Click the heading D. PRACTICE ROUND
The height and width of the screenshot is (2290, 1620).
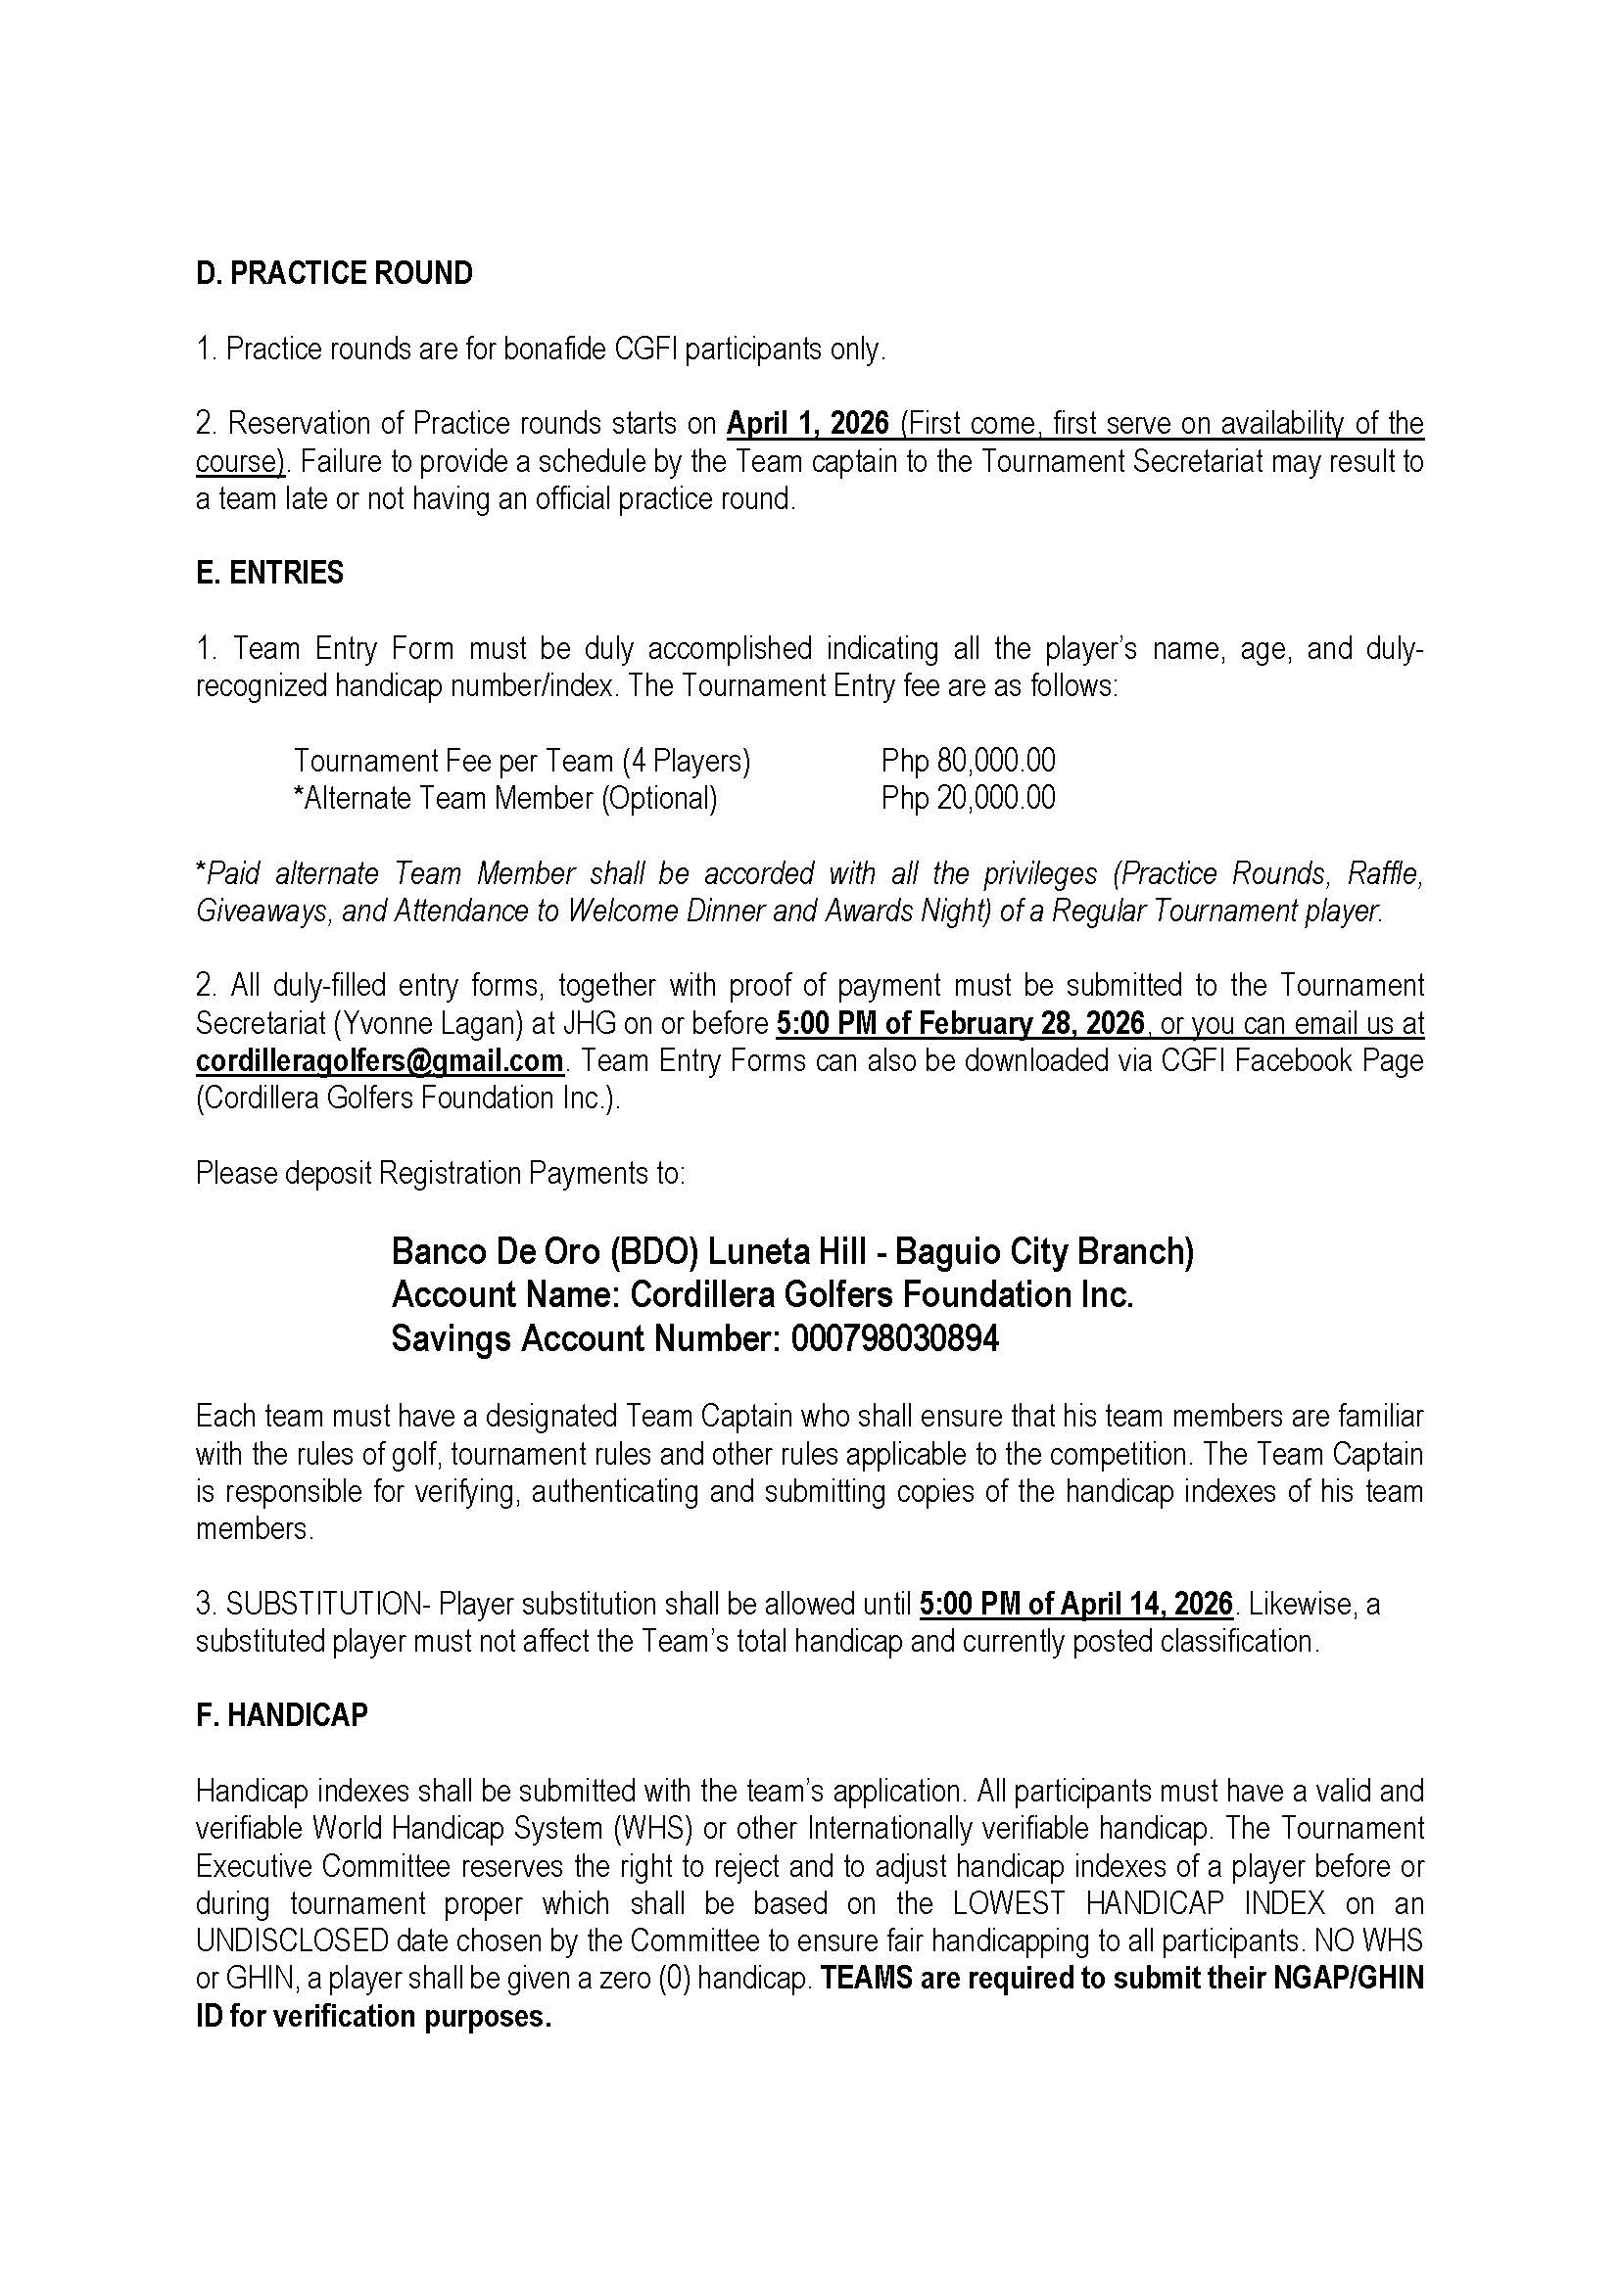334,273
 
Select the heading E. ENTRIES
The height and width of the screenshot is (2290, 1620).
269,573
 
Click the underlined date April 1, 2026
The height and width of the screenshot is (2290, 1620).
807,424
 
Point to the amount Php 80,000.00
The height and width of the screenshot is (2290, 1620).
968,761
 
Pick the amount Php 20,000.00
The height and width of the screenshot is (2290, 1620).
968,798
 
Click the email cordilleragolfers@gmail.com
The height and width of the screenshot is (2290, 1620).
379,1060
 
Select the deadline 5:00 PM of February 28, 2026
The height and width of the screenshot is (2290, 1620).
960,1023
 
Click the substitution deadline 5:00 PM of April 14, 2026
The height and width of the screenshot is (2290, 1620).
1076,1604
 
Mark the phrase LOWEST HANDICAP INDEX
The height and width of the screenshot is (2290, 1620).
1139,1903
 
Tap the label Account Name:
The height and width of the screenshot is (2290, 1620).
505,1294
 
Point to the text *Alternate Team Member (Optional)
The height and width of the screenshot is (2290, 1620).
505,798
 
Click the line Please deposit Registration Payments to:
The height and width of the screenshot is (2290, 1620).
440,1173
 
